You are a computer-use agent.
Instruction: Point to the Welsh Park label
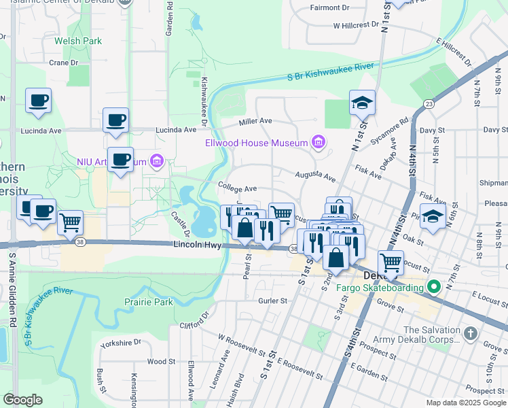click(x=78, y=41)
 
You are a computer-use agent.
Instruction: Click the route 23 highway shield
click(x=428, y=103)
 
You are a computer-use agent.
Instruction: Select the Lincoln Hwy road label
click(x=198, y=245)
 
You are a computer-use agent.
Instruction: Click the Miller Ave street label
click(x=255, y=121)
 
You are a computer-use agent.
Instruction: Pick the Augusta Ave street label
click(x=315, y=175)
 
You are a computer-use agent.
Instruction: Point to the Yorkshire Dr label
click(x=120, y=343)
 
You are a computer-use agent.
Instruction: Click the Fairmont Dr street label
click(x=329, y=7)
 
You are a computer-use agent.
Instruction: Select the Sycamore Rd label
click(x=394, y=131)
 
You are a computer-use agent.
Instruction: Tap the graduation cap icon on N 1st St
click(x=362, y=103)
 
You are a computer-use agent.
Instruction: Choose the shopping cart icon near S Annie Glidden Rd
click(x=70, y=222)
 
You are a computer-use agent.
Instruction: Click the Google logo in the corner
click(x=22, y=400)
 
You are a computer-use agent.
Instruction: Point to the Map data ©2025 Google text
click(x=466, y=403)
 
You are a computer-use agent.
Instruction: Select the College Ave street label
click(x=237, y=188)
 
